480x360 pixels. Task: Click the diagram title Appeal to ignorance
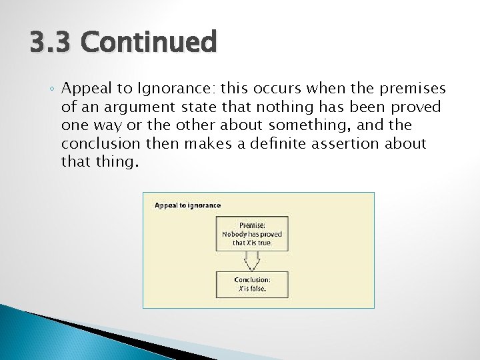187,205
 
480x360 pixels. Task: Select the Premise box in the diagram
253,234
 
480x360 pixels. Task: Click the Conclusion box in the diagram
253,283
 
